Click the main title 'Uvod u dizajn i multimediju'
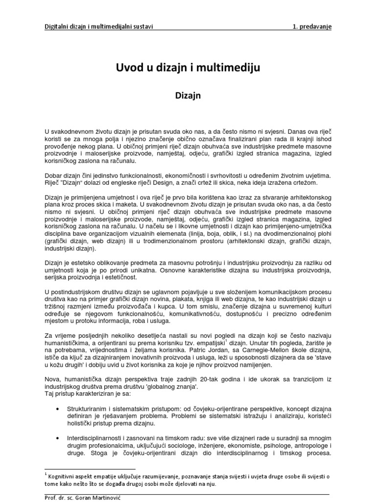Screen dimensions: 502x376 (188, 68)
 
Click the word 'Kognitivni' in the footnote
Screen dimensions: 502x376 (64, 476)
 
